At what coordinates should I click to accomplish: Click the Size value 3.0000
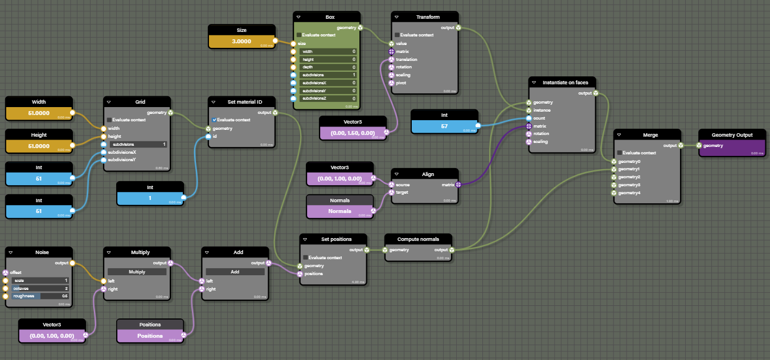[x=241, y=41]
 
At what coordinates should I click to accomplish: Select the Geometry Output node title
[x=732, y=135]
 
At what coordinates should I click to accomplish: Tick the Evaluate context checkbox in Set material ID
[x=214, y=120]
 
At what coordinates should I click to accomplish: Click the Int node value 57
[x=444, y=125]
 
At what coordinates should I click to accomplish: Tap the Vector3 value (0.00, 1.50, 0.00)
[x=353, y=132]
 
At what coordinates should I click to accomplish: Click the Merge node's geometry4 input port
[x=615, y=193]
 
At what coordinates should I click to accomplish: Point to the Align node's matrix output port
[x=458, y=185]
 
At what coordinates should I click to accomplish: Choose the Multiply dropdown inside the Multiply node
[x=137, y=272]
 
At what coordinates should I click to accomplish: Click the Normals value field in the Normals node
[x=339, y=211]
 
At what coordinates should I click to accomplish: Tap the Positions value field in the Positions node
[x=150, y=336]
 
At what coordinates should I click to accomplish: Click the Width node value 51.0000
[x=39, y=113]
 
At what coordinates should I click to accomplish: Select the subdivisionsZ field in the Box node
[x=327, y=99]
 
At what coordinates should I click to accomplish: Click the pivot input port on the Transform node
[x=391, y=83]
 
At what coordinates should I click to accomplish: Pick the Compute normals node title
[x=418, y=239]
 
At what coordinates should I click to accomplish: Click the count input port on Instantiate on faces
[x=529, y=118]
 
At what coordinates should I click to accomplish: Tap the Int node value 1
[x=150, y=198]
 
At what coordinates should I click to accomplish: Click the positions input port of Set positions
[x=300, y=274]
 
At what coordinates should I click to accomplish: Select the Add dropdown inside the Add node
[x=235, y=272]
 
